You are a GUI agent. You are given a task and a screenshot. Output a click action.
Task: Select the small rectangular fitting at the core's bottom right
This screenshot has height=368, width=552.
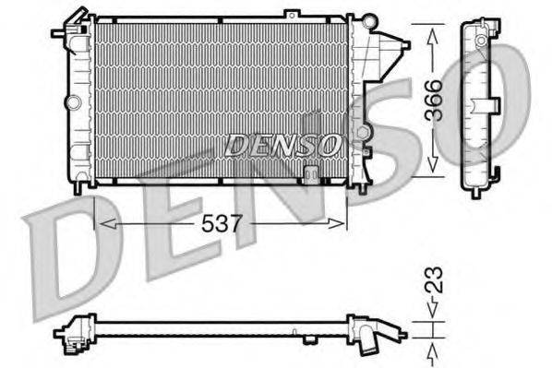[311, 172]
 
